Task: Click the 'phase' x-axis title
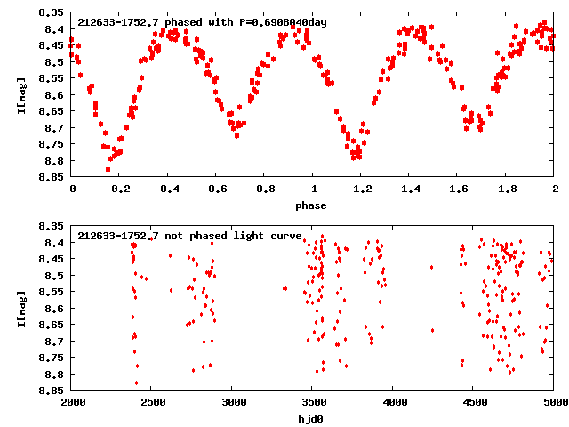(312, 205)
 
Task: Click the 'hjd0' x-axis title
(312, 417)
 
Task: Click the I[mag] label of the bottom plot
(20, 307)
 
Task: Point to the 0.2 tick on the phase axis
(120, 189)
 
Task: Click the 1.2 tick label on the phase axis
(361, 189)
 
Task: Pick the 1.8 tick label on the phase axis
(506, 189)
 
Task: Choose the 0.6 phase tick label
(216, 189)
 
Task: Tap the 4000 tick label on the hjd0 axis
(392, 402)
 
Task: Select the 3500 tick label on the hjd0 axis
(312, 402)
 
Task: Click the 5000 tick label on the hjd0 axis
(553, 402)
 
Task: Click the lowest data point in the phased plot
(108, 169)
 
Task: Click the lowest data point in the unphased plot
(136, 383)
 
